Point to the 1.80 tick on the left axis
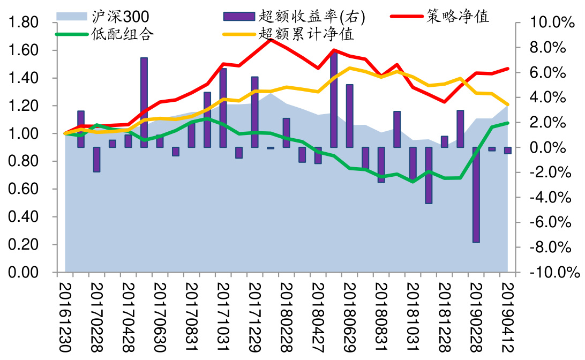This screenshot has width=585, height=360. coord(24,23)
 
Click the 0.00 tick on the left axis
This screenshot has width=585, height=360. coord(24,273)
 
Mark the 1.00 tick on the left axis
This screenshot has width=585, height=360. coord(24,134)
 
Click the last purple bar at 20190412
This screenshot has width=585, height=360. coord(507,151)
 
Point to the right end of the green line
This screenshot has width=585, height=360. coord(507,123)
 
